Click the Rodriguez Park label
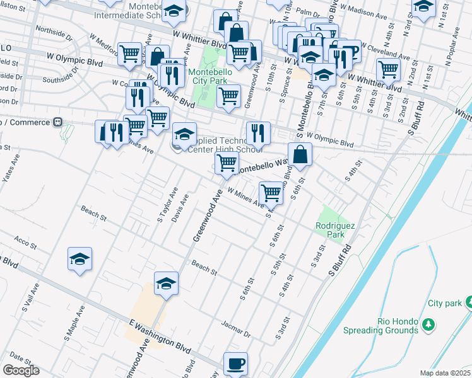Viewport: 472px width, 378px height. [331, 230]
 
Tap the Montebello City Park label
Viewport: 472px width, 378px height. [211, 76]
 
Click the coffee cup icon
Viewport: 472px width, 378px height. [236, 364]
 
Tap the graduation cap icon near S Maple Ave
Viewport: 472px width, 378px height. [80, 259]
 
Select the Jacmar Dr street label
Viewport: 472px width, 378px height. [236, 326]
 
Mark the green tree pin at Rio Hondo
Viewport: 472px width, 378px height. [428, 324]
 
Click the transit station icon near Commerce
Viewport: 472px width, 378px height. [58, 121]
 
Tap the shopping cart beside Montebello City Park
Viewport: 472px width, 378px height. [228, 96]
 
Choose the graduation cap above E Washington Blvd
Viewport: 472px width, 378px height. [167, 283]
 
